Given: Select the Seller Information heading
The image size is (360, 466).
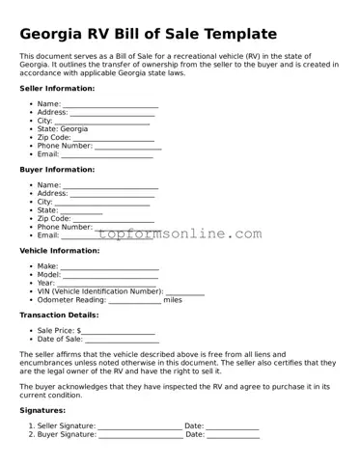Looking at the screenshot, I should (57, 88).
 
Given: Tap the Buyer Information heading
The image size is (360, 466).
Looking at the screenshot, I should (57, 169).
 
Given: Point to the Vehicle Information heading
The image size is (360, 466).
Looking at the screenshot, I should (60, 250).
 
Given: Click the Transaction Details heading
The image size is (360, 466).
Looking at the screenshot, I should (59, 315).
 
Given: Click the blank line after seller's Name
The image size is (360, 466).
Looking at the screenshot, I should (110, 105).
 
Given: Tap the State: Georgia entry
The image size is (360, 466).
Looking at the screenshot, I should (63, 128).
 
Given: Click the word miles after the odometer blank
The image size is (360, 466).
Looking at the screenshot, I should (173, 300).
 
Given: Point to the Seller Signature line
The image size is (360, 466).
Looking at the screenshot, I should (139, 427).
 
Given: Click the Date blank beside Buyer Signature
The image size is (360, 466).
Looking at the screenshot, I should (234, 436).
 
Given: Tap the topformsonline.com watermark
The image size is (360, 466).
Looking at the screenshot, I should (179, 233).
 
